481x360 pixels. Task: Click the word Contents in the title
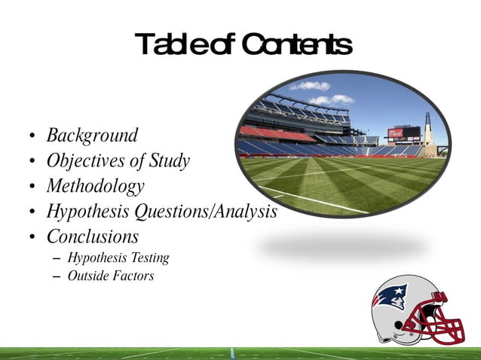[x=299, y=44]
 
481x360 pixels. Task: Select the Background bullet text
[x=92, y=136]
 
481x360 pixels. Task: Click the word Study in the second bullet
[x=170, y=161]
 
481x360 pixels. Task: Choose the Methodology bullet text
[x=95, y=186]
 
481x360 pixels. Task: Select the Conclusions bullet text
[x=93, y=236]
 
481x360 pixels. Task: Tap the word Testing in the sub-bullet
[x=149, y=258]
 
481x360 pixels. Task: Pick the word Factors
[x=133, y=276]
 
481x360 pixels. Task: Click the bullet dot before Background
[x=31, y=137]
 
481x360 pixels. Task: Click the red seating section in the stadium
[x=268, y=133]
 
